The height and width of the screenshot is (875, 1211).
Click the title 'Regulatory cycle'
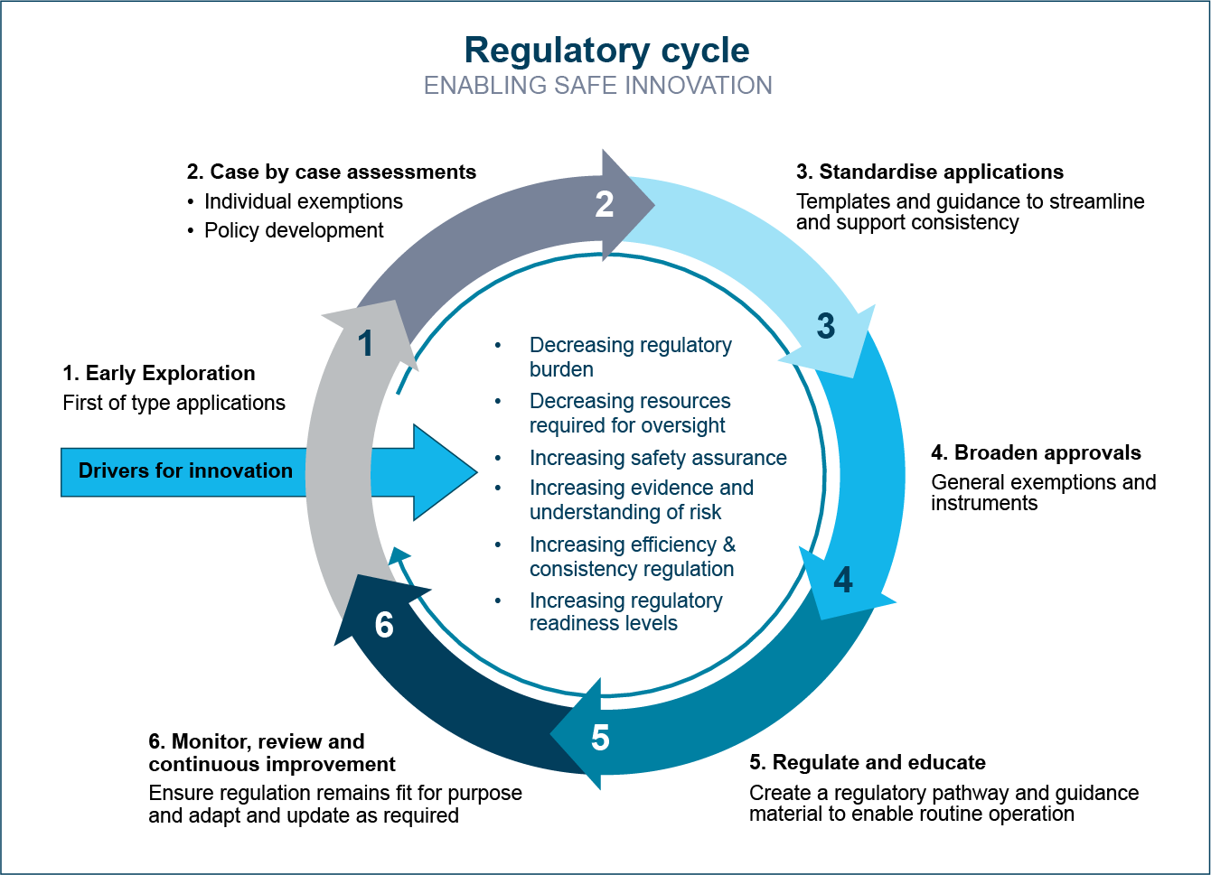pyautogui.click(x=606, y=51)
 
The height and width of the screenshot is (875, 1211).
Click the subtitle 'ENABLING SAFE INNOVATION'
pyautogui.click(x=598, y=86)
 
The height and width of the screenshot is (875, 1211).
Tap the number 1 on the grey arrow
pyautogui.click(x=365, y=343)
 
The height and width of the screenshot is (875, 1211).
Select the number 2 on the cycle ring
pyautogui.click(x=605, y=204)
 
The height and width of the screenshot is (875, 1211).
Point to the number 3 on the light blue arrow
pyautogui.click(x=825, y=326)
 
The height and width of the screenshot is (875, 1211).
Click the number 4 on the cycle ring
pyautogui.click(x=843, y=580)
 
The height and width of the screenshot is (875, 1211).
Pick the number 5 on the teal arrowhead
pyautogui.click(x=600, y=738)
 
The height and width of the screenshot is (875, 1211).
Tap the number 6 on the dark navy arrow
pyautogui.click(x=384, y=625)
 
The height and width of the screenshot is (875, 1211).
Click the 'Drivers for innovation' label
pyautogui.click(x=185, y=470)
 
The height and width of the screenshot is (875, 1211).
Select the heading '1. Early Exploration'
pyautogui.click(x=159, y=373)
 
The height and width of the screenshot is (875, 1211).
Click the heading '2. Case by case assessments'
pyautogui.click(x=332, y=172)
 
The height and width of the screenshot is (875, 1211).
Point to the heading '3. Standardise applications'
pyautogui.click(x=930, y=172)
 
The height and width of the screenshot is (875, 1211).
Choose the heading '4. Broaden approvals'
pyautogui.click(x=1036, y=452)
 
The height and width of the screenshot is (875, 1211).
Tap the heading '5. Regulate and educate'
pyautogui.click(x=868, y=762)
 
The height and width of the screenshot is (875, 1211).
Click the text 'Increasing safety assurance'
pyautogui.click(x=658, y=458)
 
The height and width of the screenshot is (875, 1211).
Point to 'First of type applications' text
pyautogui.click(x=174, y=403)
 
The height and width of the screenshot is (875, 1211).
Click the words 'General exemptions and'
pyautogui.click(x=1044, y=482)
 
